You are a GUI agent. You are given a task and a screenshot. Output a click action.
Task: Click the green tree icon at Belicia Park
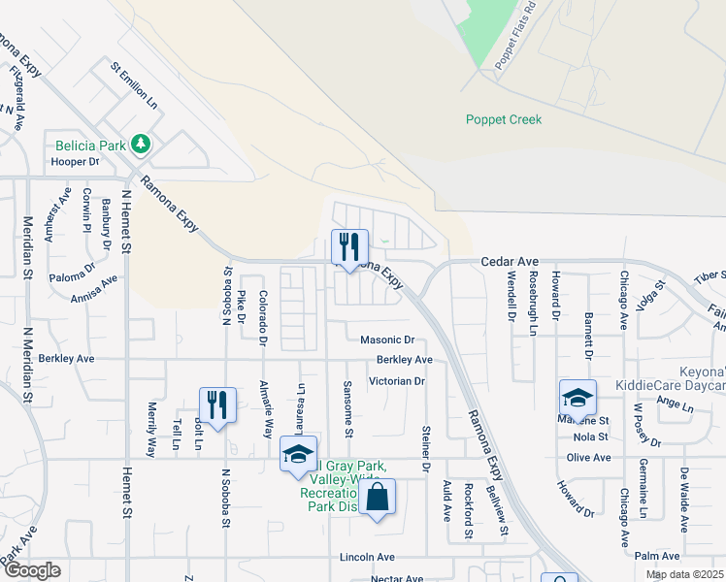coord(142,145)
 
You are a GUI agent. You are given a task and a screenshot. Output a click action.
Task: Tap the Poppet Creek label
coord(504,120)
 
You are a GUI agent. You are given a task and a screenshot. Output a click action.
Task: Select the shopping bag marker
coord(379,498)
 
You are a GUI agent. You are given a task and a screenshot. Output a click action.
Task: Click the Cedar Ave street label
coord(510,262)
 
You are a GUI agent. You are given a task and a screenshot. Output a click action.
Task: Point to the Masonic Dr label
coord(387,340)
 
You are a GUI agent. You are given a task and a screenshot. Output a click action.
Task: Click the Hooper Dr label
coord(77,162)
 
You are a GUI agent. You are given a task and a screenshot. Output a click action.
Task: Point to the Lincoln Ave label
coord(367,558)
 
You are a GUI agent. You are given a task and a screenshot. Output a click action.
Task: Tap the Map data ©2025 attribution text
coord(684,574)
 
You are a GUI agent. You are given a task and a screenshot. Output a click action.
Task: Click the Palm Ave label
coord(657,556)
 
